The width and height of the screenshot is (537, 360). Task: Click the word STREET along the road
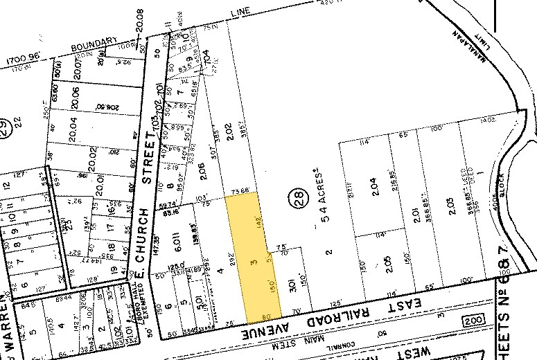pos(147,161)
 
